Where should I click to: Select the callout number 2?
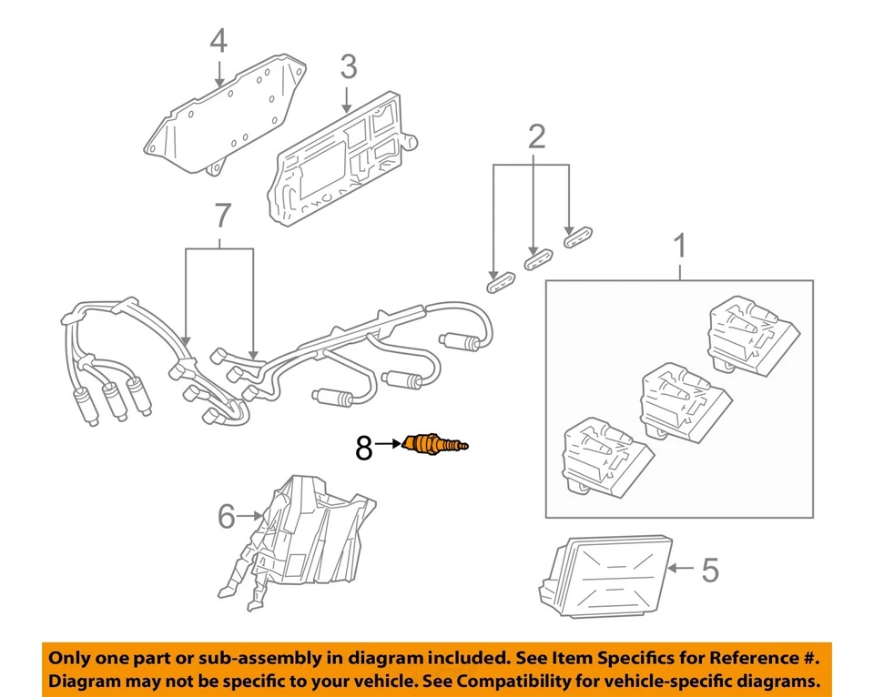(537, 136)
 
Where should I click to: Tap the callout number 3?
(348, 66)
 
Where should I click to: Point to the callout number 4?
(218, 42)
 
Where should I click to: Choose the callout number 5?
(709, 571)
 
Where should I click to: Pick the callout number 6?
(227, 516)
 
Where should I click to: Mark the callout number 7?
(222, 217)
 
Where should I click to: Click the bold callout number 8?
(363, 447)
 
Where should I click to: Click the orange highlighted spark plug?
(437, 445)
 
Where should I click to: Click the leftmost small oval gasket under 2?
(498, 280)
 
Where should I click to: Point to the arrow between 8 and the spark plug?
(388, 444)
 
